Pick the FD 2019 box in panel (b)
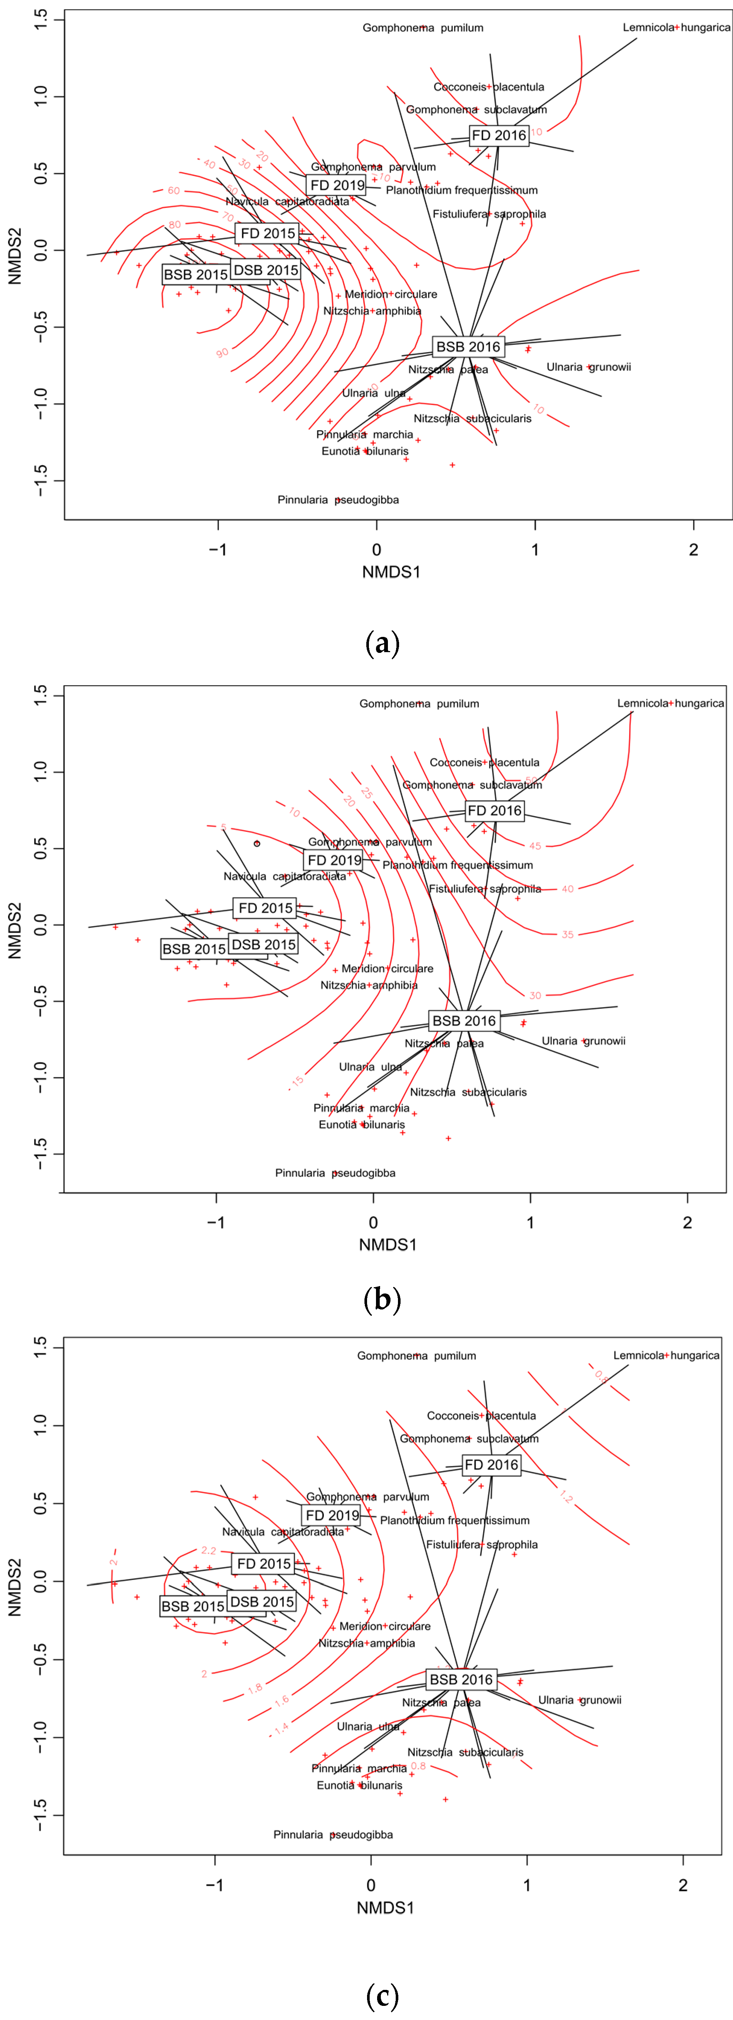click(x=334, y=860)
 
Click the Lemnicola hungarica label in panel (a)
click(x=676, y=28)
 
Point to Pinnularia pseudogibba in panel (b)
click(x=335, y=1172)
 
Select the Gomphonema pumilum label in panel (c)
click(x=416, y=1355)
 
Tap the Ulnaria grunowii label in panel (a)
click(x=589, y=367)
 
